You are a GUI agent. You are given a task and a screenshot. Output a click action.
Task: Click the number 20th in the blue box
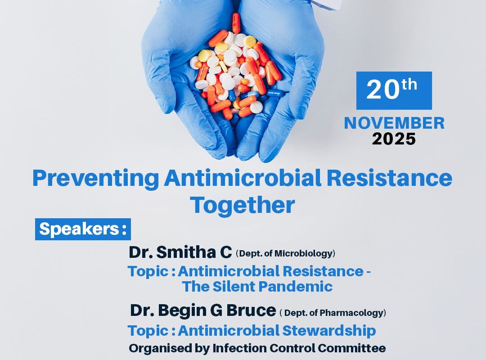[x=392, y=89]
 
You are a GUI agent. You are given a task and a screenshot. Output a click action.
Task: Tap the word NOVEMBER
[x=394, y=123]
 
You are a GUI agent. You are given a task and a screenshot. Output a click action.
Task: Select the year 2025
[x=394, y=139]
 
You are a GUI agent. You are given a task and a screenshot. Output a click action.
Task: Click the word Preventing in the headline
[x=95, y=179]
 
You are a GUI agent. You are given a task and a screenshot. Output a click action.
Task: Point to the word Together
[x=243, y=205]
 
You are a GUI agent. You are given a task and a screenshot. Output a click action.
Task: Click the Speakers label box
[x=83, y=229]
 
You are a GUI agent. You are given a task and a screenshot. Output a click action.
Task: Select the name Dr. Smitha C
[x=180, y=252]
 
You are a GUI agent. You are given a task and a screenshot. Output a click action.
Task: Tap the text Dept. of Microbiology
[x=285, y=254]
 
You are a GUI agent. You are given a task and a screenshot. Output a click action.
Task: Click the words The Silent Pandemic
[x=257, y=286]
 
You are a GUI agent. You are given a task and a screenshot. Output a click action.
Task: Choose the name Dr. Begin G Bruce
[x=202, y=310]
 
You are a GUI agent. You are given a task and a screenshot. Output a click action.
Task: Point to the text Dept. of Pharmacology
[x=333, y=313]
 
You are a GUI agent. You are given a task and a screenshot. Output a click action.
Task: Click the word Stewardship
[x=329, y=331]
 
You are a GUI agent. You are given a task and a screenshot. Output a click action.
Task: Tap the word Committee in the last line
[x=351, y=348]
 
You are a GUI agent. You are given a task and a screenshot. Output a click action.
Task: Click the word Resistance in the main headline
[x=390, y=178]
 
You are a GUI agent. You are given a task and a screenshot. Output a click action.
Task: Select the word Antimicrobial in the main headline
[x=243, y=178]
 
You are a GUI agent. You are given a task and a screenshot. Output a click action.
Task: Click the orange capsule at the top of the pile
[x=236, y=22]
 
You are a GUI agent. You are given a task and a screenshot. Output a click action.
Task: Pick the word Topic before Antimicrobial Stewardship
[x=148, y=331]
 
